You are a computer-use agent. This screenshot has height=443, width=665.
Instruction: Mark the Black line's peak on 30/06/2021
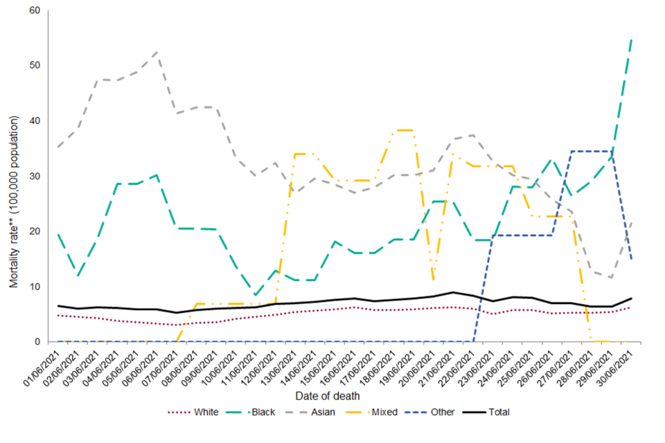coord(632,39)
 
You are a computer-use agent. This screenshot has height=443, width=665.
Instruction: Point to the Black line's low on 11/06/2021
coord(256,296)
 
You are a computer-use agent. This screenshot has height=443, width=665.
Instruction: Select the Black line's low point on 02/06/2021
coord(78,277)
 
